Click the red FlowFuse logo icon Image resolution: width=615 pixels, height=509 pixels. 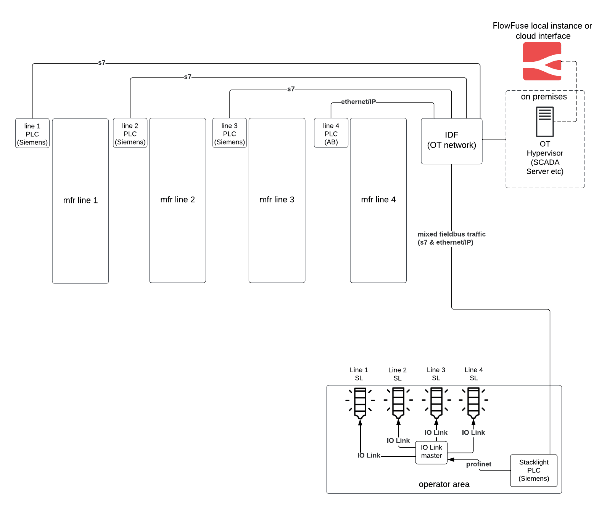(x=542, y=61)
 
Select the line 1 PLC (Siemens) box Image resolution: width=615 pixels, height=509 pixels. (x=32, y=133)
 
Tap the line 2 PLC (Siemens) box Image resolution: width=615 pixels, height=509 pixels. (x=130, y=133)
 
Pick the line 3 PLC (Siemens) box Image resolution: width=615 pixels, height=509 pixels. (x=229, y=133)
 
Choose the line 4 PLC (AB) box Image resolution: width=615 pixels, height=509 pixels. (x=331, y=133)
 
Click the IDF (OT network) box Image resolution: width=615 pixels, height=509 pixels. (x=451, y=141)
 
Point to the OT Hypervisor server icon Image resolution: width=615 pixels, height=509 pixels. (x=545, y=122)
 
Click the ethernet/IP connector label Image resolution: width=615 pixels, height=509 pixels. (x=358, y=102)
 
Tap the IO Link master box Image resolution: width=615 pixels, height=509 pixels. (x=431, y=452)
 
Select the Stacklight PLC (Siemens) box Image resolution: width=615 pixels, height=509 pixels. (x=534, y=471)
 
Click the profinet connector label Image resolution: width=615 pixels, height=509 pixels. (x=478, y=464)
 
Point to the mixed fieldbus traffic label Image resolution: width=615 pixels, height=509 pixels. (x=451, y=238)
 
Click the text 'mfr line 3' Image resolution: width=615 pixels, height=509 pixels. (x=277, y=200)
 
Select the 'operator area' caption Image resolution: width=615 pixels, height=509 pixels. (x=444, y=484)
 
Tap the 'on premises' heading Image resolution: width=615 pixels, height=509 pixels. (x=544, y=97)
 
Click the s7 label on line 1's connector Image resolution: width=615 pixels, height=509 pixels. (x=101, y=63)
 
